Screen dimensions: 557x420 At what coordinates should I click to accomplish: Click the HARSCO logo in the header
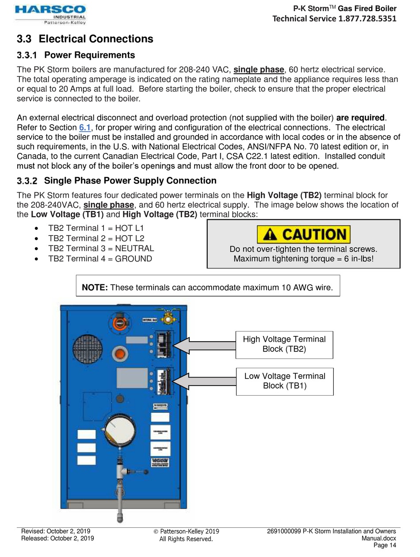[x=50, y=14]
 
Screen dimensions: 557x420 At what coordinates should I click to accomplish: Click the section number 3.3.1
[x=27, y=55]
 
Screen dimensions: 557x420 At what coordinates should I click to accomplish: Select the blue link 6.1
[x=84, y=128]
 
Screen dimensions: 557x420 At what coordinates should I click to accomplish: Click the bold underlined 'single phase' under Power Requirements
[x=259, y=69]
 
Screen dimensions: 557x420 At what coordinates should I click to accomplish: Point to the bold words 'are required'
[x=360, y=118]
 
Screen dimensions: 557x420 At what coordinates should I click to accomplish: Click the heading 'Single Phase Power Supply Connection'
[x=130, y=180]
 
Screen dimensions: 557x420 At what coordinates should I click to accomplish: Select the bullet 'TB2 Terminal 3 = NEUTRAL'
[x=101, y=248]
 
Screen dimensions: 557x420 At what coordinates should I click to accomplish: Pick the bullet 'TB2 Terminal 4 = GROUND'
[x=100, y=259]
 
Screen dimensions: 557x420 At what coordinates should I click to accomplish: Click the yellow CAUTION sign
[x=303, y=234]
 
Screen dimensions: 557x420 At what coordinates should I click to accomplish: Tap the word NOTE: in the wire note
[x=95, y=288]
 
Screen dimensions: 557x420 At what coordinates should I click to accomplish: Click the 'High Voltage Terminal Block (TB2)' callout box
[x=284, y=344]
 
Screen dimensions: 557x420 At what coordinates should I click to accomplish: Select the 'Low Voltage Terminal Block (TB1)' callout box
[x=284, y=381]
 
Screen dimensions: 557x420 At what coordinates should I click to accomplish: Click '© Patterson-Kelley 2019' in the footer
[x=186, y=531]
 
